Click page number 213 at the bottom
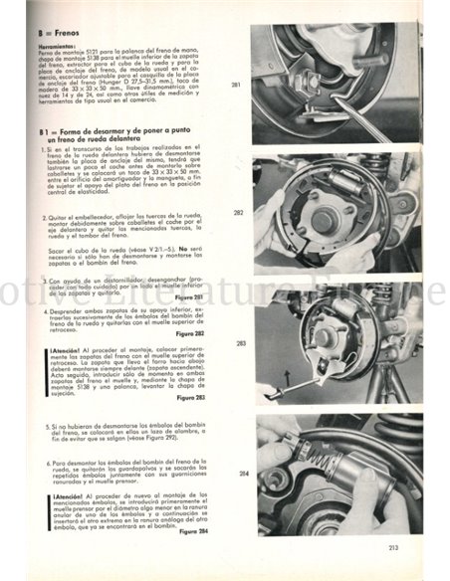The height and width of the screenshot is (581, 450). [x=394, y=546]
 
